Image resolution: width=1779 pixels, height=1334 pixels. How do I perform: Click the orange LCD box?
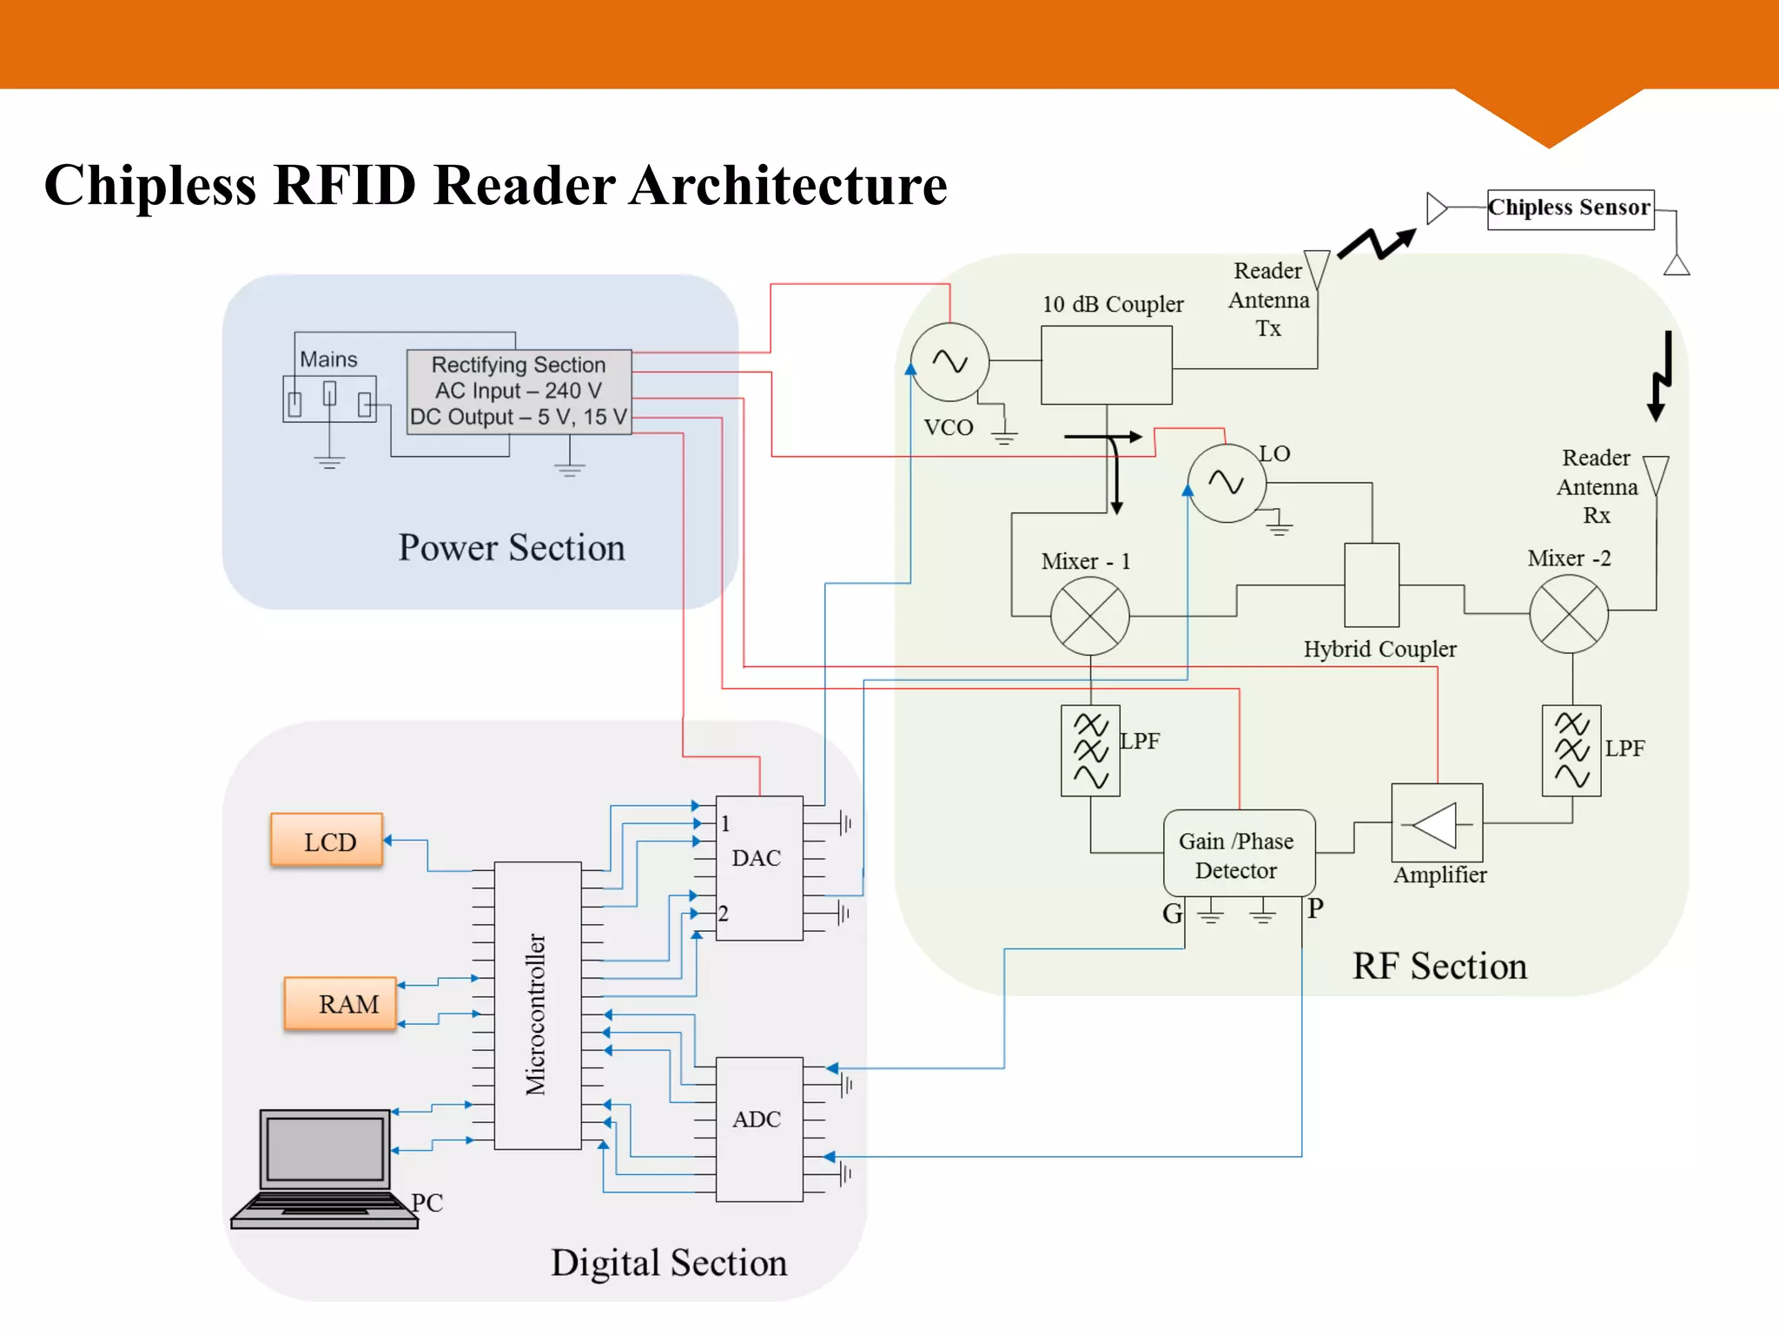[x=327, y=840]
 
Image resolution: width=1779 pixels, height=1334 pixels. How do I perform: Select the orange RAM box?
[x=341, y=1003]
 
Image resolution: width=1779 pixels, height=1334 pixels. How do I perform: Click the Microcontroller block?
[x=537, y=1006]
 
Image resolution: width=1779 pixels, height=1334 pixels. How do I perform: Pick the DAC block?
[x=758, y=868]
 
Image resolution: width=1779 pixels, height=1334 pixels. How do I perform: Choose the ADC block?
[x=758, y=1128]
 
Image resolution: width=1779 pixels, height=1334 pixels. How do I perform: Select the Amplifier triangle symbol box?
[x=1436, y=823]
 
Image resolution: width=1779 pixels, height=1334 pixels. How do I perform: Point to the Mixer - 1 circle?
[x=1089, y=616]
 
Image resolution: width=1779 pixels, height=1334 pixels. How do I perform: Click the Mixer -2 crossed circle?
[x=1568, y=613]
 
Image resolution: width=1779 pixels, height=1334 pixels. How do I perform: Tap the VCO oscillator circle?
[x=949, y=362]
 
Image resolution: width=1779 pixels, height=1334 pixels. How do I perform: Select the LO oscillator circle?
[x=1226, y=483]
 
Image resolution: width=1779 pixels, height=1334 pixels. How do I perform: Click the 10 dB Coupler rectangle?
[x=1106, y=365]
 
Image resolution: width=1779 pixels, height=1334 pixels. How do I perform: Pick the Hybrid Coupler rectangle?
[x=1371, y=584]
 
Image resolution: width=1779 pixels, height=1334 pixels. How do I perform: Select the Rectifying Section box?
[x=519, y=391]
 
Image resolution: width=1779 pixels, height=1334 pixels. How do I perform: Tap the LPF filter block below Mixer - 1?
[x=1090, y=750]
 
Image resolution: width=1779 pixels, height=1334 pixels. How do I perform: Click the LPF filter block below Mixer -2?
[x=1571, y=750]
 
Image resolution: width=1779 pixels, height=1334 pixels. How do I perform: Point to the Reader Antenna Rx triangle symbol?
[x=1656, y=474]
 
